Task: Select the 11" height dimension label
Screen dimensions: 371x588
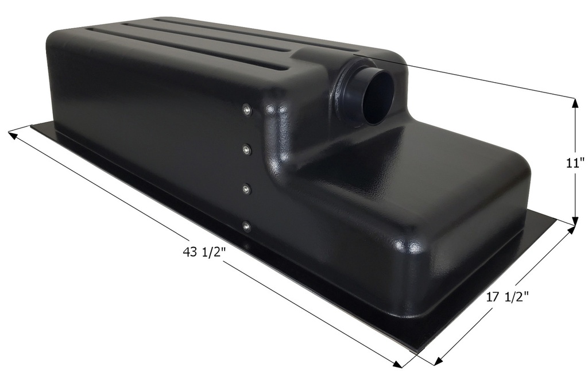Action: pyautogui.click(x=574, y=163)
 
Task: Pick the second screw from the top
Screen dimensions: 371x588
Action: pyautogui.click(x=246, y=150)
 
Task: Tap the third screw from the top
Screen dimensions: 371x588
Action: pyautogui.click(x=246, y=188)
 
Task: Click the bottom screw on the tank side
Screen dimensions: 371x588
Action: pyautogui.click(x=246, y=226)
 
